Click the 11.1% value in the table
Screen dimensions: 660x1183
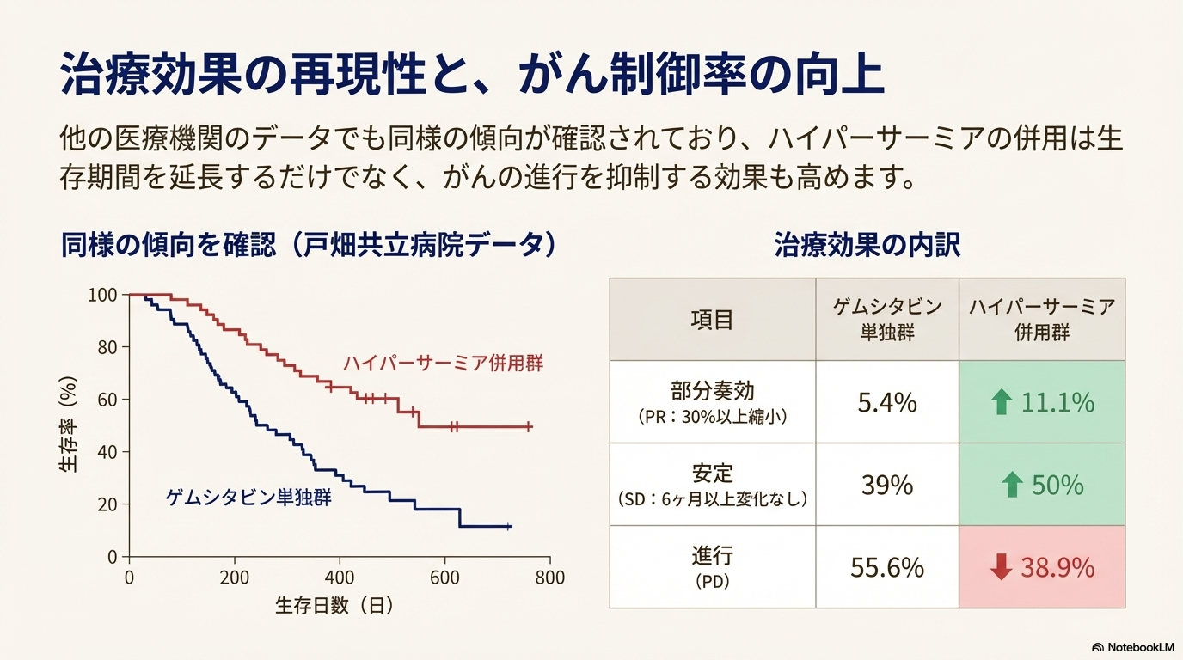coord(1057,402)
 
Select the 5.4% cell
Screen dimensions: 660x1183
coord(887,402)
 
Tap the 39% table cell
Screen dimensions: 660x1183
coord(887,486)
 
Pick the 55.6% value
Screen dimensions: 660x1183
coord(887,568)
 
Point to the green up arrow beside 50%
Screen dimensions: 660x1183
coord(1012,486)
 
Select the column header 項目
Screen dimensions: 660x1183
coord(712,320)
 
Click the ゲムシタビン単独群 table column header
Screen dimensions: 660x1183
coord(887,320)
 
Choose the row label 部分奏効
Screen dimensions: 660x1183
coord(712,391)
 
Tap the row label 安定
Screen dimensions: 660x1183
coord(712,474)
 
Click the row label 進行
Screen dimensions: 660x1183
coord(712,556)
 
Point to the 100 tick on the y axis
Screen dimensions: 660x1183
coord(101,296)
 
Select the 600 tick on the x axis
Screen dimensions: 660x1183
coord(445,577)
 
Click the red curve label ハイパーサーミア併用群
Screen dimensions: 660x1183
coord(443,363)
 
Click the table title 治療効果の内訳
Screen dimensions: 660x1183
coord(867,246)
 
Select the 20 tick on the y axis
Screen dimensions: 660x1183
coord(107,504)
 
